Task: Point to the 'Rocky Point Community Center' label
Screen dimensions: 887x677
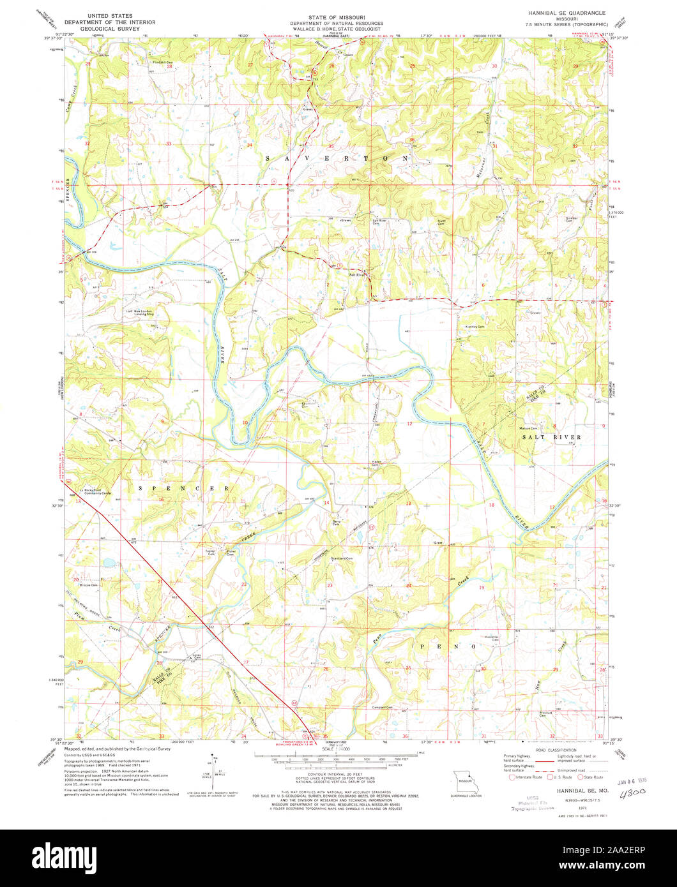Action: tap(95, 492)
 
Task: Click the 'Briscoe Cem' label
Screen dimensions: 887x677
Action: tap(88, 585)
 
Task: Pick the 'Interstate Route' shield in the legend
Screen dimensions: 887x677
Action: tap(511, 777)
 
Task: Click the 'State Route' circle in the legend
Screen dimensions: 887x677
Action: tap(580, 777)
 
